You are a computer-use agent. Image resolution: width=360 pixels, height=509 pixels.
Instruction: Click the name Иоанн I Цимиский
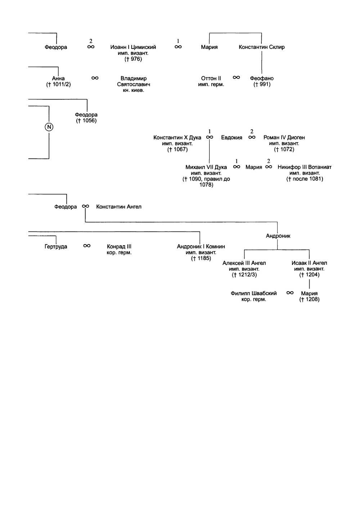(x=133, y=47)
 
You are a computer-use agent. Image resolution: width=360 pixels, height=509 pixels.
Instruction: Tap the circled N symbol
(x=49, y=127)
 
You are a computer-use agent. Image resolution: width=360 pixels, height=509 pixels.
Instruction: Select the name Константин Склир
(x=262, y=47)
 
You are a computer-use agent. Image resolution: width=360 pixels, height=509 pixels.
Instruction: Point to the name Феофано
(x=262, y=78)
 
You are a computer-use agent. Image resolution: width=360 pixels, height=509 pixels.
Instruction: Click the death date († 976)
(x=133, y=59)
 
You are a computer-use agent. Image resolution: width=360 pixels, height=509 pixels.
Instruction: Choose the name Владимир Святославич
(x=134, y=81)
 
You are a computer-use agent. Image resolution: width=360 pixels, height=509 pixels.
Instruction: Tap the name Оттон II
(x=211, y=78)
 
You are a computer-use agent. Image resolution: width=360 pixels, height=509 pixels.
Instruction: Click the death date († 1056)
(x=86, y=121)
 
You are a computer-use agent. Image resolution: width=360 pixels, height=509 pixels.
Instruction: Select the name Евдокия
(x=231, y=138)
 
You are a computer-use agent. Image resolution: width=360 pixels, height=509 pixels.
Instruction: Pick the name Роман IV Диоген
(x=284, y=138)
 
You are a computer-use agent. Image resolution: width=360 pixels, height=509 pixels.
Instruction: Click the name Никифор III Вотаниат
(x=305, y=167)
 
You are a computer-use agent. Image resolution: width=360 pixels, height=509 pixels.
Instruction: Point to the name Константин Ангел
(x=119, y=207)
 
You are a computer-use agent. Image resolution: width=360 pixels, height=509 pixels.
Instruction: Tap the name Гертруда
(x=56, y=247)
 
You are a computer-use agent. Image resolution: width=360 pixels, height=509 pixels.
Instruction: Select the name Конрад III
(x=119, y=247)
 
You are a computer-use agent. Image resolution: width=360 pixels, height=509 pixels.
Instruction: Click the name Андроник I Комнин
(x=201, y=247)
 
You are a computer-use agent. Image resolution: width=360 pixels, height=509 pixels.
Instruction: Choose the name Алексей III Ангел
(x=244, y=263)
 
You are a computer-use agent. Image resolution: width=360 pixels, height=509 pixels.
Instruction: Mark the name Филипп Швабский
(x=254, y=293)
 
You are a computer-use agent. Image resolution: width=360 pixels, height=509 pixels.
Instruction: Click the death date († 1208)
(x=309, y=299)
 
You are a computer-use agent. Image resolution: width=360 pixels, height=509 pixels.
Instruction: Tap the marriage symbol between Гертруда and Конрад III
(x=87, y=246)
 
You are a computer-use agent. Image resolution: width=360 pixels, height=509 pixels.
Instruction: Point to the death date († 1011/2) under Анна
(x=58, y=84)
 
